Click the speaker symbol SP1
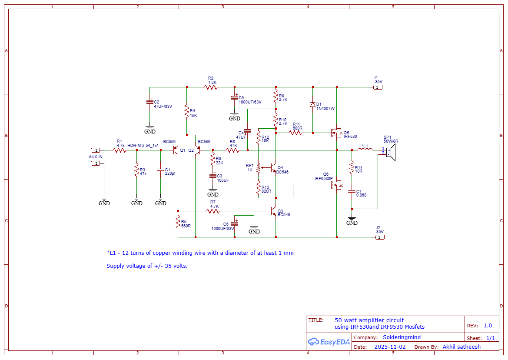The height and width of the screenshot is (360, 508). click(391, 152)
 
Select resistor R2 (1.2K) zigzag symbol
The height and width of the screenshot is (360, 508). click(211, 87)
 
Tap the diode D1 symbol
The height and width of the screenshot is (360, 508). click(312, 104)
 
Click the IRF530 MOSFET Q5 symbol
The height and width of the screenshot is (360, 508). click(336, 133)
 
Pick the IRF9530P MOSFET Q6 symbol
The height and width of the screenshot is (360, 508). click(336, 185)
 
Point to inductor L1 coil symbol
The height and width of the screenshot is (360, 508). click(365, 149)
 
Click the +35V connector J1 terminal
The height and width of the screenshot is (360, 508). click(378, 87)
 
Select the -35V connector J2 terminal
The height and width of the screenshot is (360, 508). click(380, 237)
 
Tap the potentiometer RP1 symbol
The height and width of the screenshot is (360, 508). click(259, 167)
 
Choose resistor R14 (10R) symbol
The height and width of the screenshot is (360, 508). click(352, 167)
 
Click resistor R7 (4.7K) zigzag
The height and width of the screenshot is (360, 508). click(213, 211)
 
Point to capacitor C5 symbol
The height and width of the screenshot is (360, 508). click(235, 97)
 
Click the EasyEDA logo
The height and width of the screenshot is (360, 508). click(329, 342)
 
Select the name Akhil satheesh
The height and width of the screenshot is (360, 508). click(462, 347)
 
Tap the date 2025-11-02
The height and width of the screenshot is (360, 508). click(390, 347)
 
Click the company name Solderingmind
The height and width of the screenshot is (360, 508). click(402, 337)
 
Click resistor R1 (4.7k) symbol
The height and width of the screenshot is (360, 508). click(120, 150)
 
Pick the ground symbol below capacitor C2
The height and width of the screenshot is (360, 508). click(149, 130)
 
